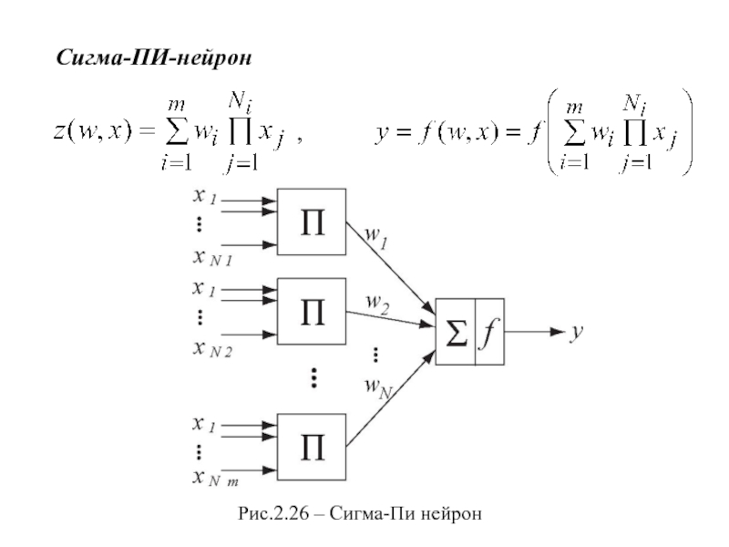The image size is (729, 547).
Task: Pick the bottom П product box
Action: click(312, 447)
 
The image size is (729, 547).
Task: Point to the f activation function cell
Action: click(488, 332)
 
